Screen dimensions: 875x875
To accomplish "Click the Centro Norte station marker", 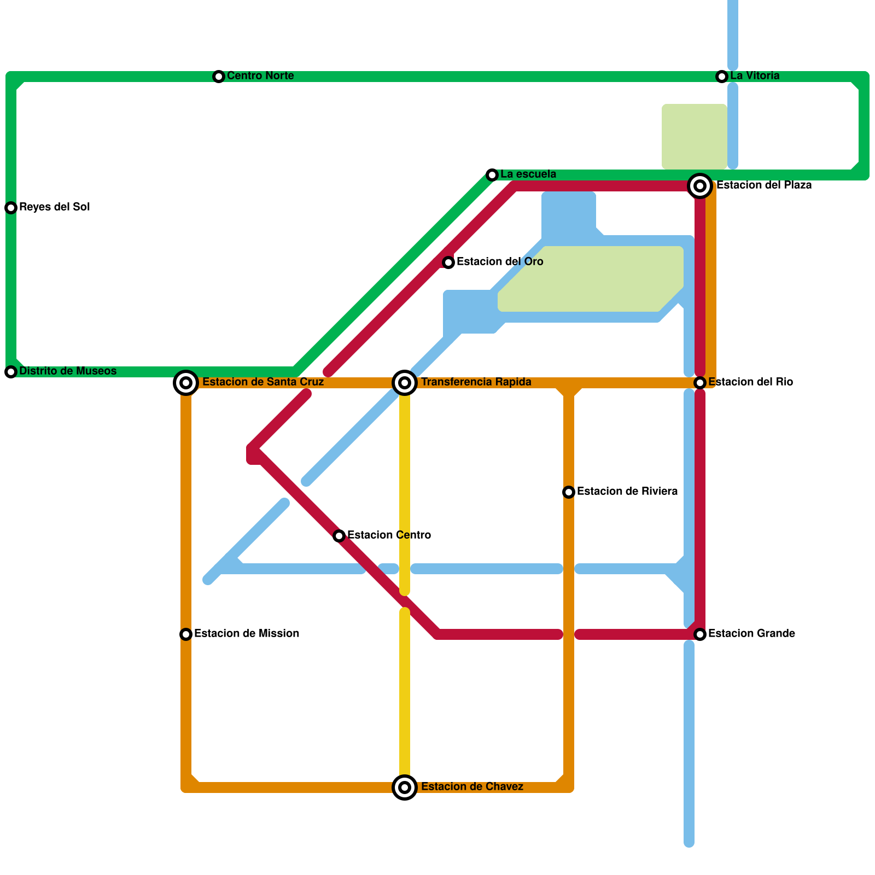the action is point(219,77).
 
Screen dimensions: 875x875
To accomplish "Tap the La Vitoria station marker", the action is point(722,77).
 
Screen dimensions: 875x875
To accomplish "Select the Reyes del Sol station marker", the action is point(11,208).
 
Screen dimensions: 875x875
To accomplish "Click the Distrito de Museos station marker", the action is point(11,372).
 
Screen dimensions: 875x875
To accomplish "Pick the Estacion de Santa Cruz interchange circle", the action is point(186,383).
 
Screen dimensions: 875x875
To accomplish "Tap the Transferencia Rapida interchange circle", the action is point(405,383).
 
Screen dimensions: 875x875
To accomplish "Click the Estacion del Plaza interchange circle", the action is point(700,186).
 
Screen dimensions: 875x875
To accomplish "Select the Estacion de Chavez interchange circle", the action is point(405,787).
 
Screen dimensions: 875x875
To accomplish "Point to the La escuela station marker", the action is point(492,175).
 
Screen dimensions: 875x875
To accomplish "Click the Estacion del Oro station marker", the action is point(448,262).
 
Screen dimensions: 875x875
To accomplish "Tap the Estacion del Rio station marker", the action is point(700,383).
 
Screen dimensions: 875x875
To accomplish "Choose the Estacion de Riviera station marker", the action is point(569,492).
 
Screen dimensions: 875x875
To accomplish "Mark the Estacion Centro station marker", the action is point(339,536).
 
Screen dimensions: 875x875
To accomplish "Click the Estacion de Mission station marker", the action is point(186,634).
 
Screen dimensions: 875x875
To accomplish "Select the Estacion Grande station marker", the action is point(700,634).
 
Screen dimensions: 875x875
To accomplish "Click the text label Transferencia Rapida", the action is point(476,382).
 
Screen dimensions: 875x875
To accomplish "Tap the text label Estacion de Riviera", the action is point(627,492).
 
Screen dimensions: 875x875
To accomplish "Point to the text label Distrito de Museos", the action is point(68,371).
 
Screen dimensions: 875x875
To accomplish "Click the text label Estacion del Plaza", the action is point(763,185).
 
